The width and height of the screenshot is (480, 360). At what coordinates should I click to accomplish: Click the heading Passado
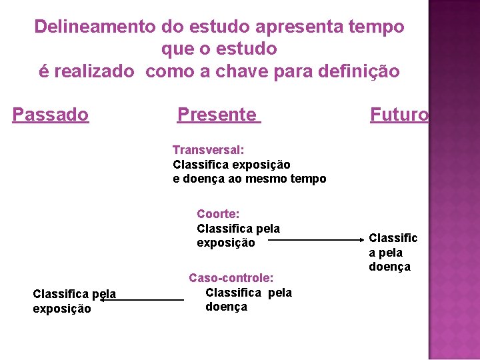click(x=51, y=115)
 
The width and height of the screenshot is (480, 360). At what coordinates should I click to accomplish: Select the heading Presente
click(x=217, y=115)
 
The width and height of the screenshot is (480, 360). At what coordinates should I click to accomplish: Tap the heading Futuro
click(x=399, y=115)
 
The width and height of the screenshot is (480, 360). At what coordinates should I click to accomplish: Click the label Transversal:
click(x=208, y=150)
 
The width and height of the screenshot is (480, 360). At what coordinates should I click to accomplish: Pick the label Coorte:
click(x=218, y=214)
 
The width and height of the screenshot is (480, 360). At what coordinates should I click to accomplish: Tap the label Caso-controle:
click(x=231, y=277)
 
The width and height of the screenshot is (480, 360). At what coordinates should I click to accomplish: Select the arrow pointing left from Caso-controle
click(x=142, y=300)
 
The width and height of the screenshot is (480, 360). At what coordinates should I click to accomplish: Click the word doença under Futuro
click(x=390, y=267)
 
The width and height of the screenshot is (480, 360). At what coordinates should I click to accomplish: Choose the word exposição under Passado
click(x=62, y=309)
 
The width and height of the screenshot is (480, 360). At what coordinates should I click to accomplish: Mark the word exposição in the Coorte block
click(x=225, y=243)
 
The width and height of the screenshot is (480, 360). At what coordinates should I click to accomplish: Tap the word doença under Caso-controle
click(x=226, y=307)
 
